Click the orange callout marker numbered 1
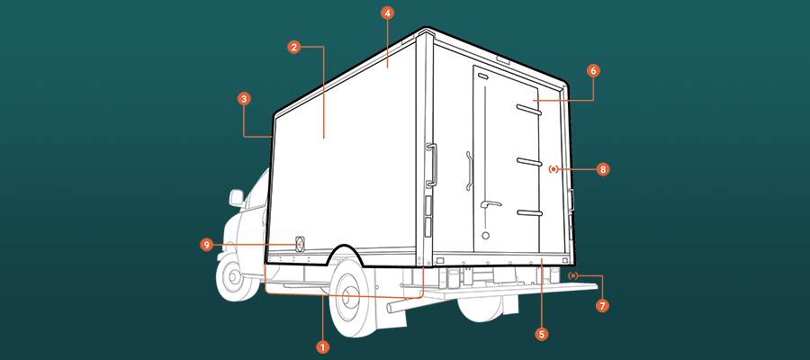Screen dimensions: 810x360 pyautogui.click(x=322, y=346)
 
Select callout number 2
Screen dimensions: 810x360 pyautogui.click(x=293, y=48)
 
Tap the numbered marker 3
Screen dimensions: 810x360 pyautogui.click(x=244, y=99)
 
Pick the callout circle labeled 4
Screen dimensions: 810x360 pyautogui.click(x=387, y=13)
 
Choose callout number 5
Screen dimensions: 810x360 pyautogui.click(x=542, y=334)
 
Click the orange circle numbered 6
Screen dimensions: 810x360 pyautogui.click(x=593, y=71)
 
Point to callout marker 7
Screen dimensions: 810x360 pyautogui.click(x=601, y=306)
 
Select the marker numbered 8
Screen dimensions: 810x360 pyautogui.click(x=603, y=169)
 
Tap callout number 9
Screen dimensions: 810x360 pyautogui.click(x=207, y=245)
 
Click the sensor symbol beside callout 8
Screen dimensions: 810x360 pyautogui.click(x=553, y=169)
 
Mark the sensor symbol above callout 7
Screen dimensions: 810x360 pyautogui.click(x=572, y=275)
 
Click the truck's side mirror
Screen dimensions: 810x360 pyautogui.click(x=237, y=198)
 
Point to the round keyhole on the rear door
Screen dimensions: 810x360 pyautogui.click(x=485, y=236)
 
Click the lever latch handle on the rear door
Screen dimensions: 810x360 pyautogui.click(x=490, y=204)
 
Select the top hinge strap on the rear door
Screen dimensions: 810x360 pyautogui.click(x=528, y=109)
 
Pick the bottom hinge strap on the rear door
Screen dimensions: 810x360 pyautogui.click(x=529, y=212)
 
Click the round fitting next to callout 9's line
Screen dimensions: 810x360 pyautogui.click(x=299, y=244)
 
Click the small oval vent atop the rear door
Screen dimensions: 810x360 pyautogui.click(x=482, y=77)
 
